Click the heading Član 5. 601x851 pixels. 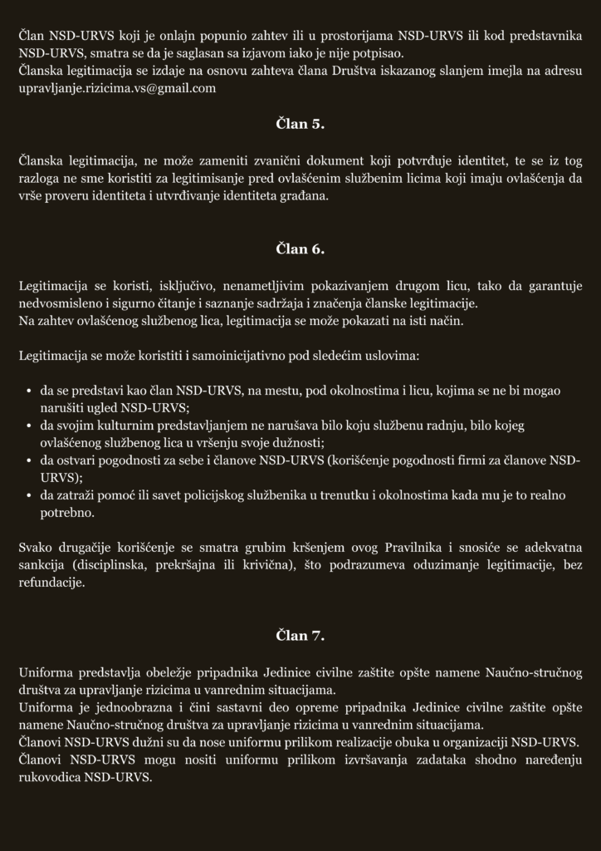(300, 125)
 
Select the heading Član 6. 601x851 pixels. (300, 248)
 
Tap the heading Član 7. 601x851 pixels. (300, 636)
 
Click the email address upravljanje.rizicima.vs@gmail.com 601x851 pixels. (117, 88)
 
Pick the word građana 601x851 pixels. (305, 196)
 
